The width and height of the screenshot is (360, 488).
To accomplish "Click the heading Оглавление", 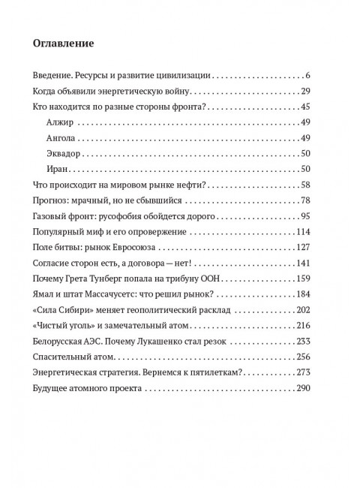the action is (x=64, y=44).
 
